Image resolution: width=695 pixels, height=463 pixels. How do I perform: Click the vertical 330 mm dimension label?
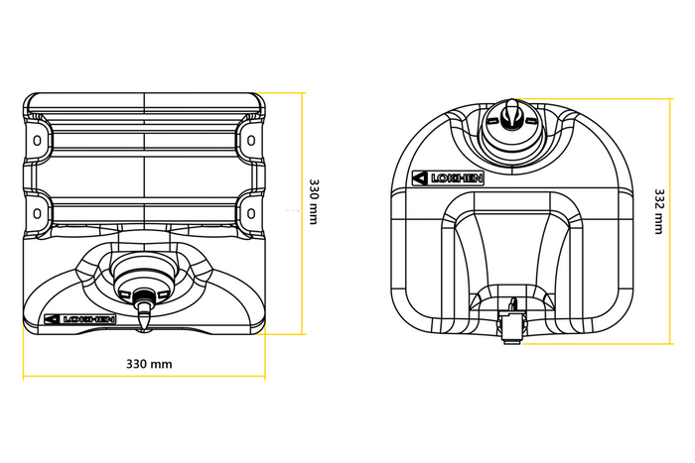coord(314,201)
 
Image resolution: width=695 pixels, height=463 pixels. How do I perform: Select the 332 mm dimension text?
coord(659,210)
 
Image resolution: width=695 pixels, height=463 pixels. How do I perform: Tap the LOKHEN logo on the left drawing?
coord(80,319)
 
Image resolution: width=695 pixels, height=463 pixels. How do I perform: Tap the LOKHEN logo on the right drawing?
coord(450,178)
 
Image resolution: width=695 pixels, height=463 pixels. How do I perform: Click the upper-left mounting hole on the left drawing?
coord(38,141)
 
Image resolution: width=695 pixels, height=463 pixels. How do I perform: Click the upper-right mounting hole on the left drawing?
coord(251,141)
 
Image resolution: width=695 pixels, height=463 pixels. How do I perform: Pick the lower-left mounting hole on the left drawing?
coord(38,213)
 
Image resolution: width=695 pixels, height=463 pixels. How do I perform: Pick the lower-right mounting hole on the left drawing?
coord(251,213)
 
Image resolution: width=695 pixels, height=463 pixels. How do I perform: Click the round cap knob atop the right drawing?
coord(509,116)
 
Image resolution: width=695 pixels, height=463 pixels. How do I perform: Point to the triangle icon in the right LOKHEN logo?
coord(420,178)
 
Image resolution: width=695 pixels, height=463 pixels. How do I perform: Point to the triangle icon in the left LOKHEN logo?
coord(52,319)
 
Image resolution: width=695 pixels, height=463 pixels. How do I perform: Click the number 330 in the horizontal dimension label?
coord(138,364)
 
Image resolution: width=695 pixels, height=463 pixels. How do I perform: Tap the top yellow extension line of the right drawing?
coord(596,98)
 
